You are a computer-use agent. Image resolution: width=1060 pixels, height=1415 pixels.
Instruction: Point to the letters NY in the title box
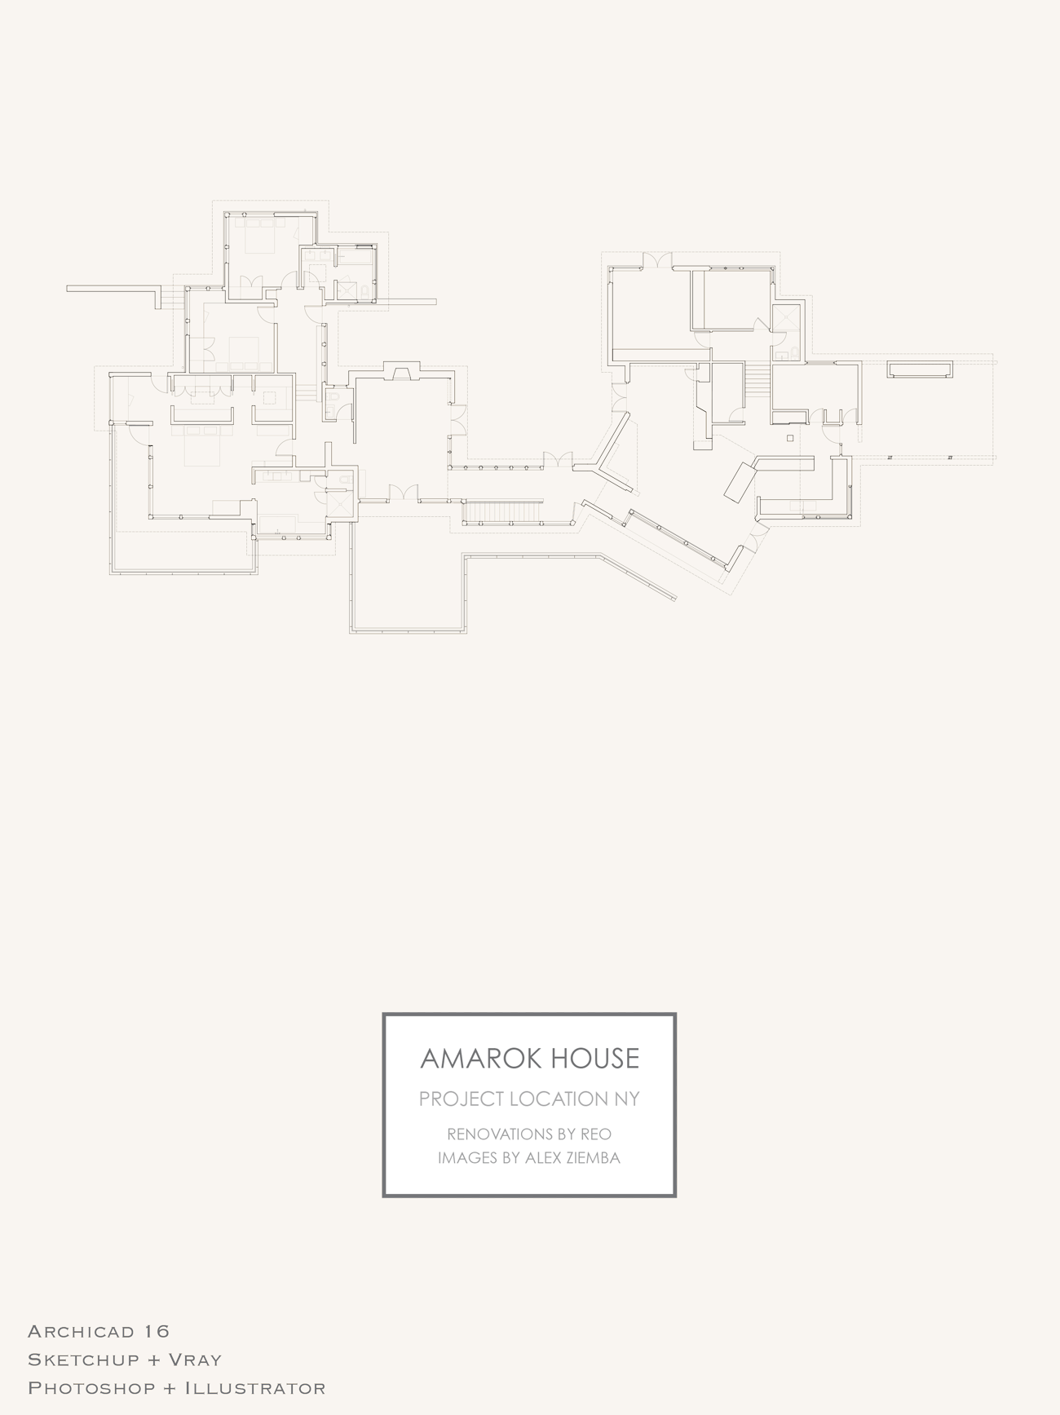tap(627, 1099)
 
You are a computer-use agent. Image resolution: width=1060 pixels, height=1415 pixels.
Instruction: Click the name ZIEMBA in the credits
tap(592, 1158)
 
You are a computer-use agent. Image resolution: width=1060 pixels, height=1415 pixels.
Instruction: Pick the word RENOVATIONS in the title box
tap(498, 1134)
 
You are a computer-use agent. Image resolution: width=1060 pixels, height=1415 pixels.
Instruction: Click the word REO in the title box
tap(596, 1134)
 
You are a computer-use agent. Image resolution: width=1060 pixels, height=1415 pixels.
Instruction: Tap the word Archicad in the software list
tap(81, 1332)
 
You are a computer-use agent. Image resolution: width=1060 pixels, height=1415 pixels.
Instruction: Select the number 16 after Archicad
tap(157, 1332)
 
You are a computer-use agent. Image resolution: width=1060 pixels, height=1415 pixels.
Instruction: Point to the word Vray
tap(195, 1360)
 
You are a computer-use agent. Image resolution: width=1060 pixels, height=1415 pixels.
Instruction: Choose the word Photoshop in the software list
tap(91, 1388)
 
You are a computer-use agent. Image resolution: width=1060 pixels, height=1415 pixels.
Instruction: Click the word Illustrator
tap(255, 1388)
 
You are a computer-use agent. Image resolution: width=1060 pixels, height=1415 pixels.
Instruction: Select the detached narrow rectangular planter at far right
tap(921, 369)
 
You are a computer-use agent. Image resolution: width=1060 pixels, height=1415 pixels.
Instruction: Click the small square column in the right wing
tap(790, 439)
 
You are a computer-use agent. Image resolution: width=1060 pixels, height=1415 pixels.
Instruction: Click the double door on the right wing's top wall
tap(656, 261)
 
